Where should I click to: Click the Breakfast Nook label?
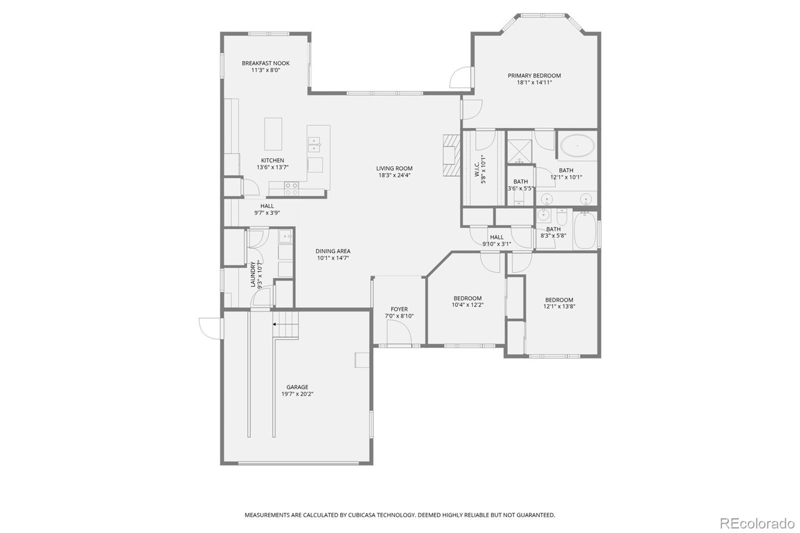pyautogui.click(x=265, y=63)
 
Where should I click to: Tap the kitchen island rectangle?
pyautogui.click(x=273, y=134)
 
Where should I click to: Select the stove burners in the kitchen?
pyautogui.click(x=291, y=188)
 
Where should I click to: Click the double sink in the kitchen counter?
pyautogui.click(x=314, y=144)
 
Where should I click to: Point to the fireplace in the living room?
pyautogui.click(x=450, y=155)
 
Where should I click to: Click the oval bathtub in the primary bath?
pyautogui.click(x=577, y=146)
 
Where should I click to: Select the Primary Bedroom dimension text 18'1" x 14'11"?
pyautogui.click(x=534, y=82)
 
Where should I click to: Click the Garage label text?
pyautogui.click(x=297, y=387)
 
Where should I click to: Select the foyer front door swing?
pyautogui.click(x=398, y=332)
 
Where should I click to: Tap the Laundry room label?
pyautogui.click(x=253, y=274)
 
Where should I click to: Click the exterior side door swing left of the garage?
pyautogui.click(x=210, y=328)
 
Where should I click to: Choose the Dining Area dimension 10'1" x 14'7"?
pyautogui.click(x=332, y=258)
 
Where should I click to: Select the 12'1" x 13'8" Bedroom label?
pyautogui.click(x=559, y=300)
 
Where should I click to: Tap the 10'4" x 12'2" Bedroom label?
pyautogui.click(x=467, y=298)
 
